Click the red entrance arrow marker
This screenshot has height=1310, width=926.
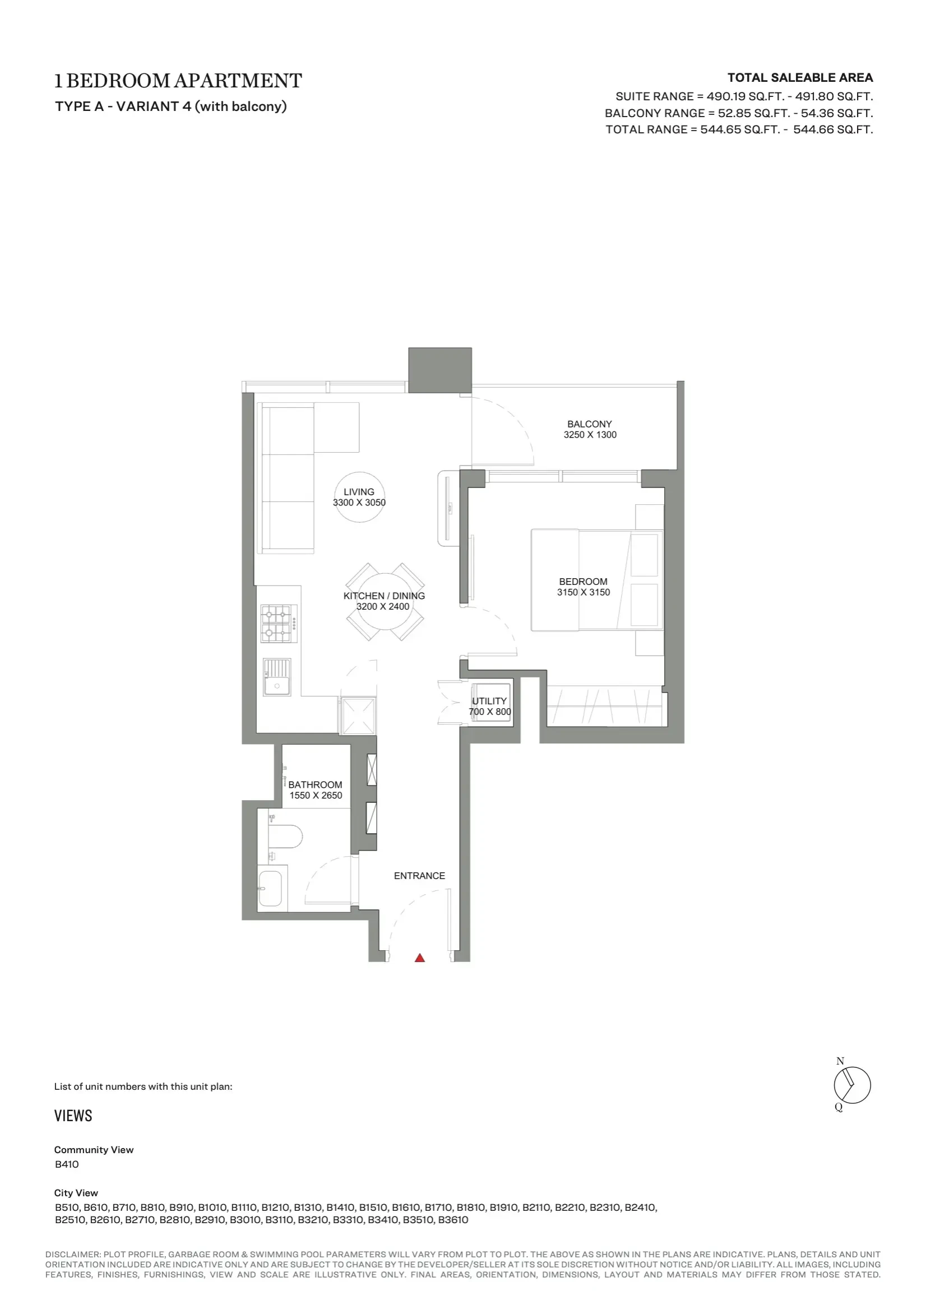[x=420, y=958]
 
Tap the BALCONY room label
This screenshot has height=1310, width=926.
[x=589, y=424]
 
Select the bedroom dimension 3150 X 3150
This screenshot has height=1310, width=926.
[x=584, y=592]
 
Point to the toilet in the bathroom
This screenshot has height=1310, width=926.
[x=285, y=837]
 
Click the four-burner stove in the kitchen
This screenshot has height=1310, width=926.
[x=279, y=624]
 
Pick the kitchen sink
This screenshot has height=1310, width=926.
[x=277, y=677]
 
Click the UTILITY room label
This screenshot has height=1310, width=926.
[x=489, y=700]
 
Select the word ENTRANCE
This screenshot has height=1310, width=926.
[x=420, y=876]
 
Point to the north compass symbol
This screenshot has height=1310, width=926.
[x=851, y=1085]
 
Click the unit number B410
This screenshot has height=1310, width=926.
[x=67, y=1164]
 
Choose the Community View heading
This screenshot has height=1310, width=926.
[x=94, y=1150]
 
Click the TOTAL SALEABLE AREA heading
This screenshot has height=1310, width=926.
[x=800, y=77]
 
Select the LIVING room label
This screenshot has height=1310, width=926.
[x=359, y=492]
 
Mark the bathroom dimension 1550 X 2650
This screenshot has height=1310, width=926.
[x=316, y=796]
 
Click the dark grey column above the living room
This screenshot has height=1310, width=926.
[x=439, y=370]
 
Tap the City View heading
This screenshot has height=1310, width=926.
[x=76, y=1192]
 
